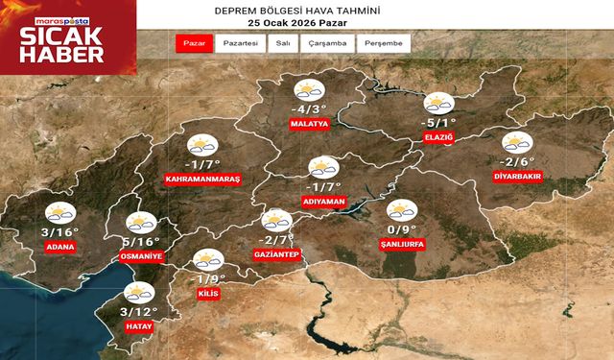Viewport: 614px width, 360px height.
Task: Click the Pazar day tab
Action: click(x=194, y=44)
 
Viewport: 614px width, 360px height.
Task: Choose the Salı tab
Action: click(x=283, y=44)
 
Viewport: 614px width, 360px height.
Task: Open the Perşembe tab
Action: click(x=384, y=44)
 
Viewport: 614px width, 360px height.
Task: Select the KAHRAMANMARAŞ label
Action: click(x=202, y=180)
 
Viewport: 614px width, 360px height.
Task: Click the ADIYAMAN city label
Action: click(x=322, y=203)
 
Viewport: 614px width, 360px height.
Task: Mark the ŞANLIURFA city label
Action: click(x=403, y=244)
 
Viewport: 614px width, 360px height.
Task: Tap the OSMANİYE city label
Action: click(x=141, y=258)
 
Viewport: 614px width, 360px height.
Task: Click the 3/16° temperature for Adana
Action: click(x=58, y=231)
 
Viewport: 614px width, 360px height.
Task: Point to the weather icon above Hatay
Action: click(x=140, y=294)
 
